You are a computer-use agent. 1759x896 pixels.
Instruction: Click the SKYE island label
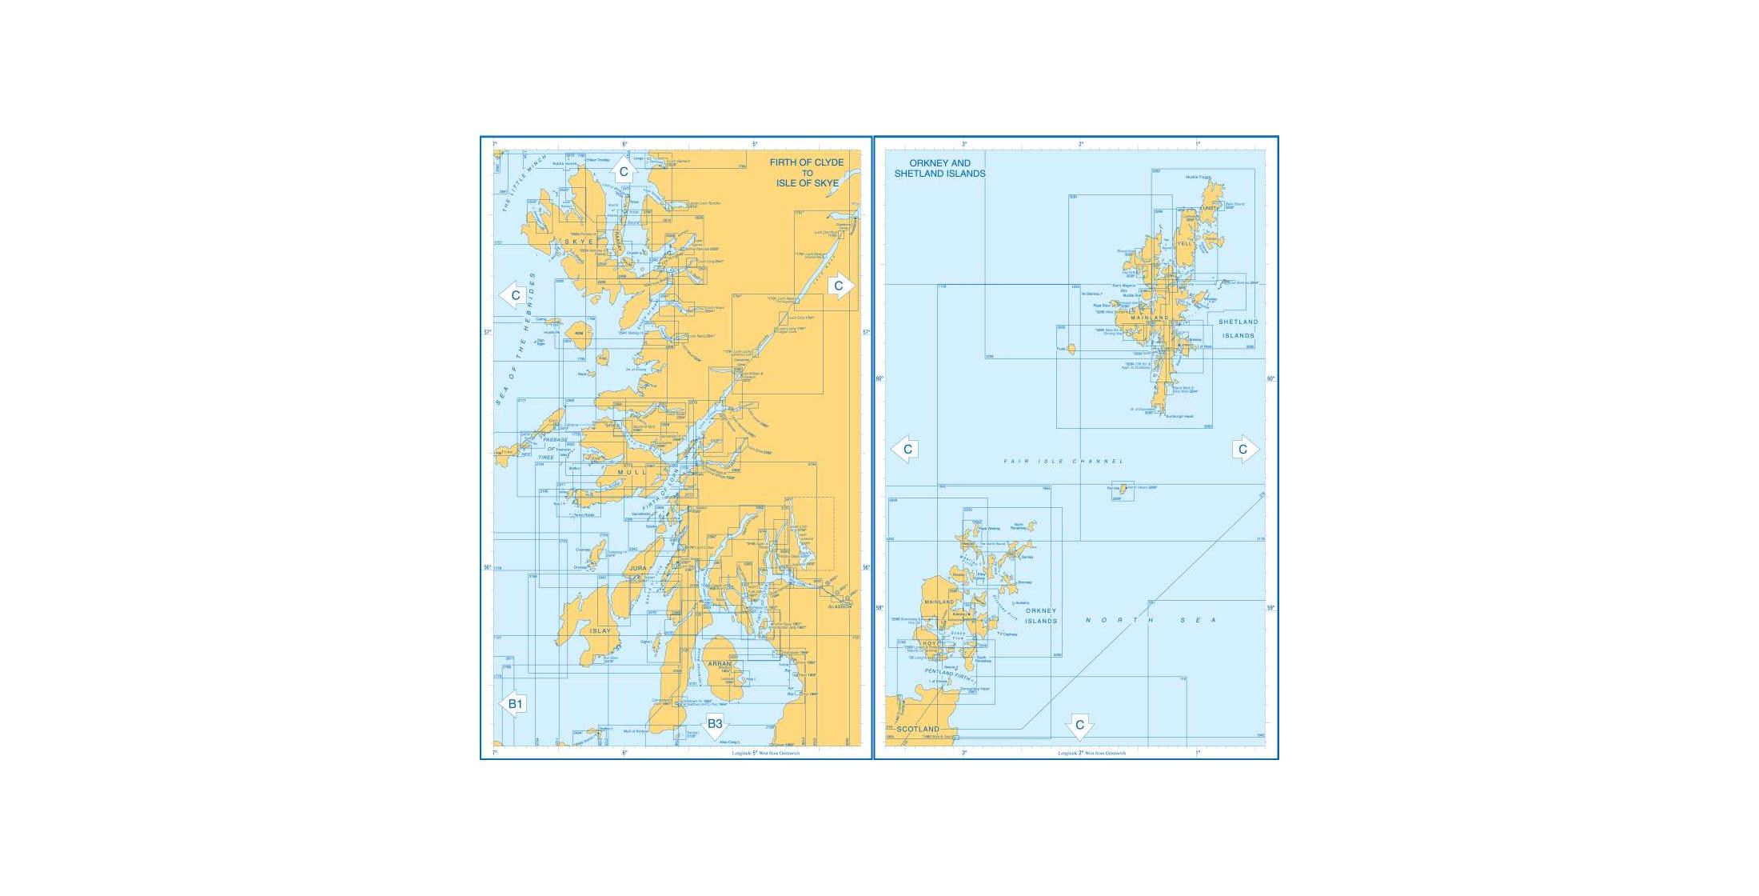click(x=579, y=242)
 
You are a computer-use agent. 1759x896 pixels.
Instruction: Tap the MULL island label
click(x=632, y=472)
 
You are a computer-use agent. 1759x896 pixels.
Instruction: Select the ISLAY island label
click(x=600, y=631)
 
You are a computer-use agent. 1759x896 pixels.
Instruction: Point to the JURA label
click(x=638, y=569)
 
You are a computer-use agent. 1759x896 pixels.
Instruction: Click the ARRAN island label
click(x=720, y=664)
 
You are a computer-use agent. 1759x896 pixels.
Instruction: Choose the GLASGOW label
click(x=840, y=606)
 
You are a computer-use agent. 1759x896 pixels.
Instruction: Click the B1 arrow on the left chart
click(x=513, y=704)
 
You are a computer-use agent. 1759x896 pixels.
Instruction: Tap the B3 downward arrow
click(x=715, y=725)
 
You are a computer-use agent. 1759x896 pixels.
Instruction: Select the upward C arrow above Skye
click(x=624, y=170)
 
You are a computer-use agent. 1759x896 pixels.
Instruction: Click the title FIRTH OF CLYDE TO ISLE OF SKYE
click(x=807, y=173)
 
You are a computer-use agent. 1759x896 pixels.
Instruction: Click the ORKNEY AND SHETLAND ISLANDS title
click(x=939, y=168)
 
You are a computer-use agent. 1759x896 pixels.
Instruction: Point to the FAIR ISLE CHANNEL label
click(x=1063, y=462)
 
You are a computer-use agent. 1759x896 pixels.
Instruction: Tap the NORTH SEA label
click(x=1151, y=620)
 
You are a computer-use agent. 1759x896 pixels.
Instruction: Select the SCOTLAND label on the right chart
click(x=917, y=730)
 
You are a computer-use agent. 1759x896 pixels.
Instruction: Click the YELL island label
click(x=1184, y=244)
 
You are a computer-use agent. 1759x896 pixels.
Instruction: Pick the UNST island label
click(x=1210, y=209)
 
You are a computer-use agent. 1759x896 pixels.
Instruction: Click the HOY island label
click(x=930, y=643)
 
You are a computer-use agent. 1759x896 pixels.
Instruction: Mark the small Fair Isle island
click(x=1123, y=489)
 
